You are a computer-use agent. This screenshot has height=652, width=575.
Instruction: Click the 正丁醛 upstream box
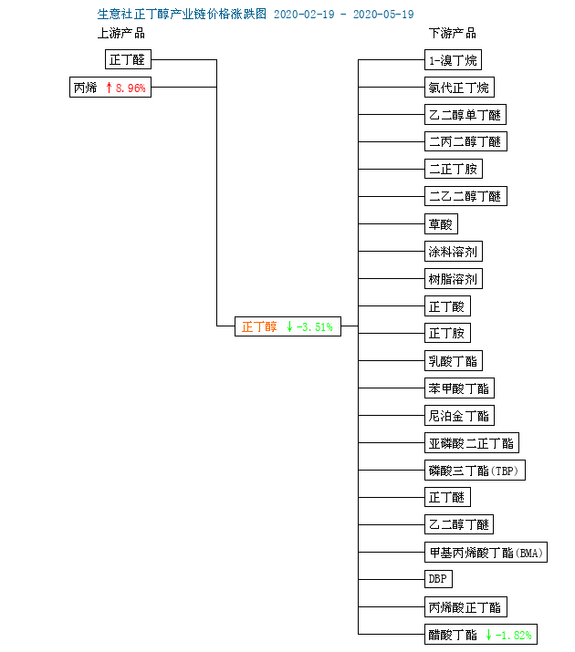pos(128,60)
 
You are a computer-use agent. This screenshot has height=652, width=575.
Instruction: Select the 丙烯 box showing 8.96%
pos(110,88)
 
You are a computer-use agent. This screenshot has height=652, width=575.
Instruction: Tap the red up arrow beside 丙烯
pos(109,88)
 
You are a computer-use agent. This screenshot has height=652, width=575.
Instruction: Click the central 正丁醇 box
pos(287,326)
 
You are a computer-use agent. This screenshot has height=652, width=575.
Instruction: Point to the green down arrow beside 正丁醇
pos(289,326)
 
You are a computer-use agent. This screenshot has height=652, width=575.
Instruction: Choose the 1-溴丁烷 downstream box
pos(452,60)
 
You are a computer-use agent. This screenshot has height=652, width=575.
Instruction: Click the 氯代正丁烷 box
pos(459,88)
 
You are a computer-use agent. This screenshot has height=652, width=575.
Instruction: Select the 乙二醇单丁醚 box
pos(465,115)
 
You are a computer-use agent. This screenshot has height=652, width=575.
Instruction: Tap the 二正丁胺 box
pos(453,170)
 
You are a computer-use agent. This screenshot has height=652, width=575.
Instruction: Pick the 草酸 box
pos(441,224)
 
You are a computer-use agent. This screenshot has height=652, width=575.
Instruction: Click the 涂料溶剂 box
pos(454,252)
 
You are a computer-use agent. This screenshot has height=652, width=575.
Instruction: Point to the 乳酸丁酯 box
pos(453,361)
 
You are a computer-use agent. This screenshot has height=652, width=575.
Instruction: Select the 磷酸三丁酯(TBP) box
pos(476,471)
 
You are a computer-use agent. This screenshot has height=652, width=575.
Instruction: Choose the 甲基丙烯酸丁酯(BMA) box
pos(485,553)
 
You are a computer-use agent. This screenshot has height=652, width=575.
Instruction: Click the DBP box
pos(438,579)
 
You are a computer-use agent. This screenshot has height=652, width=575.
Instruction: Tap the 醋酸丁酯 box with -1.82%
pos(479,635)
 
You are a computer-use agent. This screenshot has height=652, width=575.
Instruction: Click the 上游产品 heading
pos(121,34)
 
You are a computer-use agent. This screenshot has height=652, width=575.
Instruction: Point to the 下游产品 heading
pos(453,34)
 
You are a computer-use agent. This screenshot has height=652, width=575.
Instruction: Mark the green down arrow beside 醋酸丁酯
pos(489,635)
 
